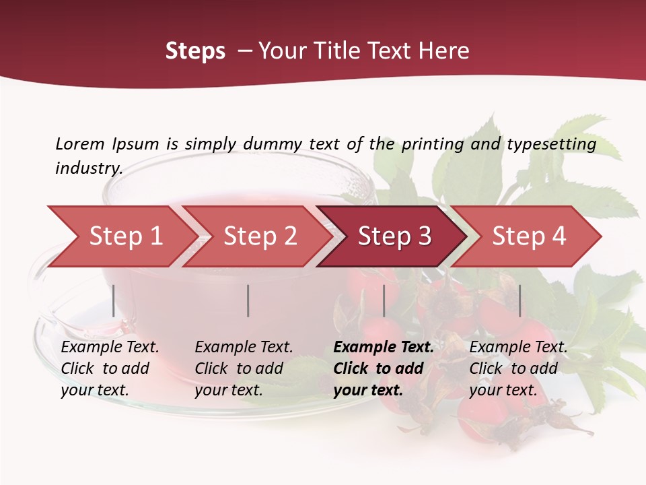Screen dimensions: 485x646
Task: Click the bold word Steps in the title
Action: click(x=195, y=51)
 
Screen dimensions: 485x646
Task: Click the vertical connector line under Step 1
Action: click(x=114, y=300)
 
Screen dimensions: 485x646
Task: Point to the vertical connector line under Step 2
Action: click(x=248, y=300)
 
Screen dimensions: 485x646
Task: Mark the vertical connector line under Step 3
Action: click(x=384, y=300)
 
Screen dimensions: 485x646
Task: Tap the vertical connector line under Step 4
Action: click(x=519, y=300)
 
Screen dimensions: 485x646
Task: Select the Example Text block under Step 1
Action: click(x=110, y=368)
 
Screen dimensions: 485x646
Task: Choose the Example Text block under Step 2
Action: click(x=244, y=368)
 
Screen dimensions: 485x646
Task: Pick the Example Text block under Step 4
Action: click(x=518, y=368)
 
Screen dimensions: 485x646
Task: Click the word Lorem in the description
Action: click(x=80, y=143)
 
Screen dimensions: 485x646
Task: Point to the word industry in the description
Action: click(x=89, y=168)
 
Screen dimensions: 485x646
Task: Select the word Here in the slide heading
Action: click(x=447, y=51)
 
